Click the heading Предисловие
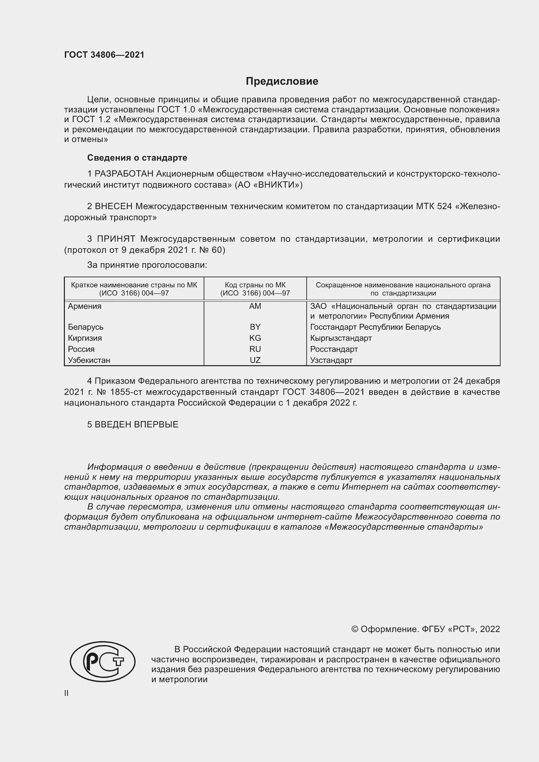(282, 81)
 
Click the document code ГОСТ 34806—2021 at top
(104, 55)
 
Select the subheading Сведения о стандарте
(137, 158)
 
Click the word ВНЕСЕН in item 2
(114, 207)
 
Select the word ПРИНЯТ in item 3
(116, 239)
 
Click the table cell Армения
(85, 306)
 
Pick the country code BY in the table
(255, 327)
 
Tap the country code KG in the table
(255, 338)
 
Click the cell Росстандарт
(334, 349)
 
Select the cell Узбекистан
(89, 360)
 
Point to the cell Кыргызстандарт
(341, 338)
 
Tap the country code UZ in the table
(255, 360)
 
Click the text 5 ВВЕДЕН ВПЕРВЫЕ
(133, 424)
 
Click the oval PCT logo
(103, 662)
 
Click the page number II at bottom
(66, 693)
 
